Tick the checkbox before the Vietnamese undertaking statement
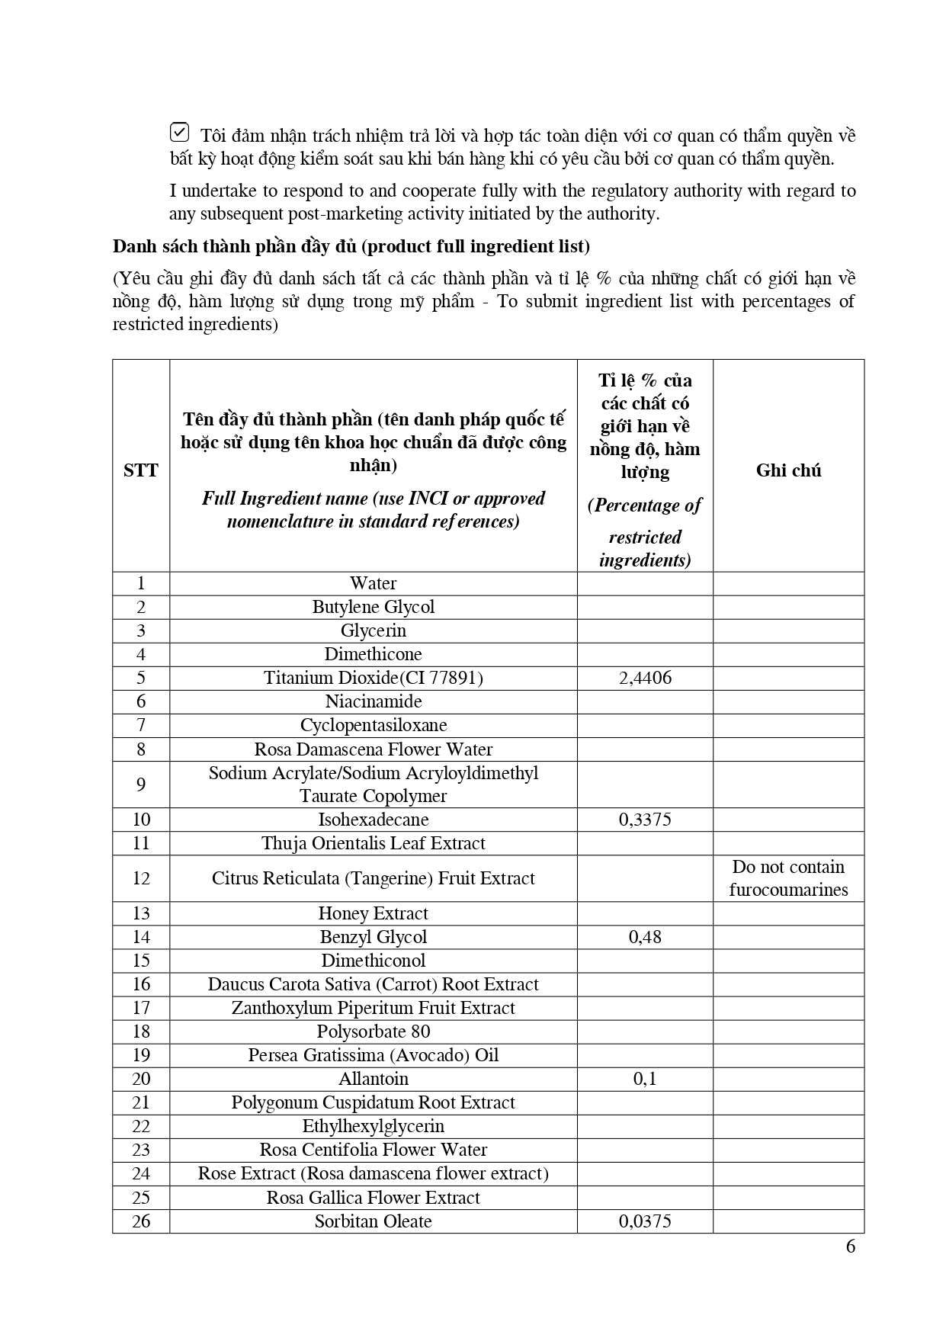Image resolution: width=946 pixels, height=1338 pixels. [x=178, y=133]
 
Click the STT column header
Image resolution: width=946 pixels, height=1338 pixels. [x=141, y=470]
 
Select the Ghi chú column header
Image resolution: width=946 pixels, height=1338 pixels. [x=788, y=470]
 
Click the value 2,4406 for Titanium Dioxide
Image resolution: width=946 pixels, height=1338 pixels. [x=645, y=678]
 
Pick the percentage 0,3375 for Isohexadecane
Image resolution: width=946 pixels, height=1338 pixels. [x=645, y=820]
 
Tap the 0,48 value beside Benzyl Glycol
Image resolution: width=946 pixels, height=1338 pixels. [x=645, y=937]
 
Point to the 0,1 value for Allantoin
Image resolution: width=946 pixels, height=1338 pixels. [x=645, y=1079]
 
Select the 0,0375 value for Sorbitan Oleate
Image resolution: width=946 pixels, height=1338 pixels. [x=645, y=1221]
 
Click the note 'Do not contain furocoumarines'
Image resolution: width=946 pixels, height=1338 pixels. [x=788, y=878]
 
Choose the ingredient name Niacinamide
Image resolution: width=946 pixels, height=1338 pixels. [x=374, y=701]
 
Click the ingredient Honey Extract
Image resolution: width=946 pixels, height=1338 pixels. [x=374, y=913]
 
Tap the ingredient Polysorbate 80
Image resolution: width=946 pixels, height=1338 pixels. [x=374, y=1032]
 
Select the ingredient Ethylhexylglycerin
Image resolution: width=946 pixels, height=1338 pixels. [x=374, y=1126]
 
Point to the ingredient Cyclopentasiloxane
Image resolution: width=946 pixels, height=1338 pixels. [x=374, y=725]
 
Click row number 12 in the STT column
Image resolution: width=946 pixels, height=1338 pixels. [x=141, y=878]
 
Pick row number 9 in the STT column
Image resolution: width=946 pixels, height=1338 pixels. [x=141, y=785]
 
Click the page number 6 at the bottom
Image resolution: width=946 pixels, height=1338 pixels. [x=851, y=1247]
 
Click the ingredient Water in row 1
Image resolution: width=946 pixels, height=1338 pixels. [x=374, y=583]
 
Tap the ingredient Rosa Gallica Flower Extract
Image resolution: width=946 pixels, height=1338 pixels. [x=374, y=1198]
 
